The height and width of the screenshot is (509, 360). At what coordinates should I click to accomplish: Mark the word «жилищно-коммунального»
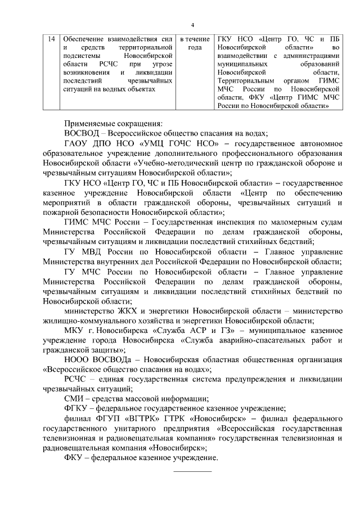[x=84, y=321]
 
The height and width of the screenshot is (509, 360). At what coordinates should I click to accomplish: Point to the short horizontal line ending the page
[x=192, y=471]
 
